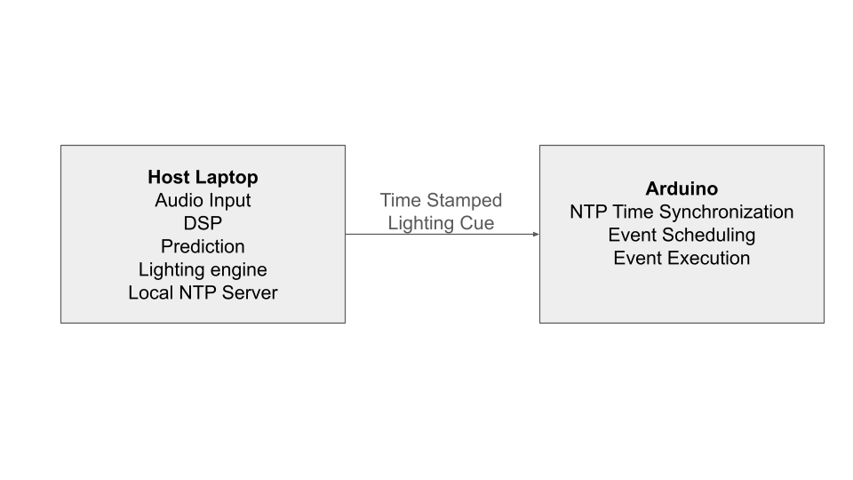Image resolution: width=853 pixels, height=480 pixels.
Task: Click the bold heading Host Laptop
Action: click(203, 177)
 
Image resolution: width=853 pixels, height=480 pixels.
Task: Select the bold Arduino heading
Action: click(682, 188)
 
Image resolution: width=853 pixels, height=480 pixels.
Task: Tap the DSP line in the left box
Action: click(203, 223)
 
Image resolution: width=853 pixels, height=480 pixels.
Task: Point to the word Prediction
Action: click(203, 246)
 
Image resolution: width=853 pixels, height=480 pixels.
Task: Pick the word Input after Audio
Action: click(229, 200)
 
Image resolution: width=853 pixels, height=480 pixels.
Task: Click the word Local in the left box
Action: click(149, 292)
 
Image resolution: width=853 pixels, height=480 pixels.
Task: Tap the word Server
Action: click(251, 292)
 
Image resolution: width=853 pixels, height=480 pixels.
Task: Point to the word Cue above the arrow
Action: click(477, 223)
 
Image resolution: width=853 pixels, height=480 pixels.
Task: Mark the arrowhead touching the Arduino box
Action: click(535, 235)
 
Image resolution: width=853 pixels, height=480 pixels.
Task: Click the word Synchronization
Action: click(726, 212)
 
